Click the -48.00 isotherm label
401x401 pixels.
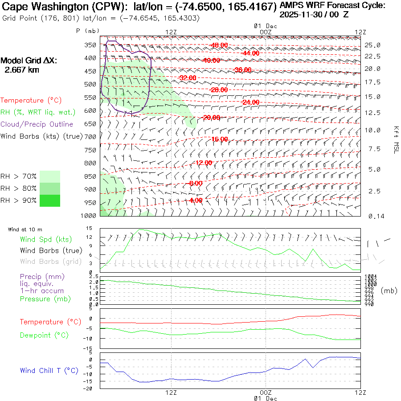tap(219, 45)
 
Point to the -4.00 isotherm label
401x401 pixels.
tap(196, 200)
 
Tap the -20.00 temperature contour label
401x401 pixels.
tap(211, 118)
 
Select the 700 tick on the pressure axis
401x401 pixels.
tap(90, 136)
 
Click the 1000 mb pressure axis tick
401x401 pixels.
tap(89, 216)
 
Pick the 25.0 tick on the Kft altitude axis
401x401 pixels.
tap(372, 45)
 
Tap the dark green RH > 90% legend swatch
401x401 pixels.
tap(50, 200)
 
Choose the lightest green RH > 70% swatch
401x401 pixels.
tap(50, 176)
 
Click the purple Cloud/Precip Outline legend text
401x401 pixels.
tap(37, 124)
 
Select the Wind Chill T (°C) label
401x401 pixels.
tap(49, 371)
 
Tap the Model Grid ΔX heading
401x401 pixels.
tap(29, 61)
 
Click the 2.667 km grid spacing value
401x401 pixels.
tap(21, 70)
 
